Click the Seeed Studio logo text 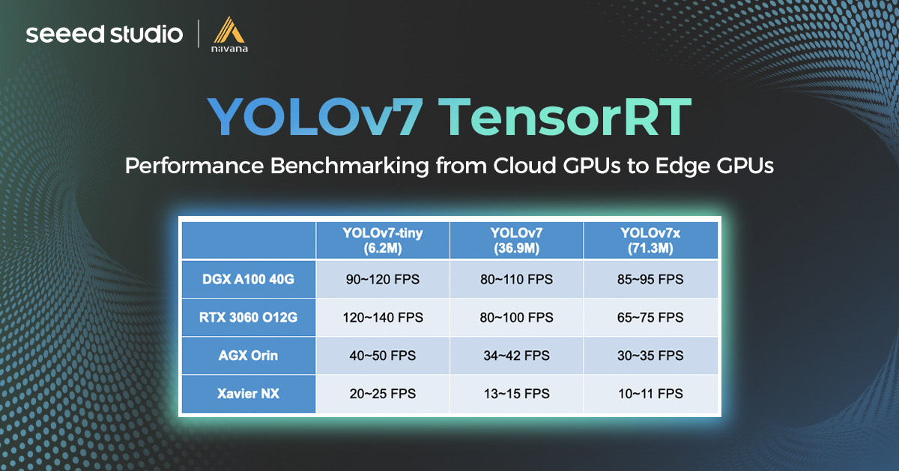(104, 34)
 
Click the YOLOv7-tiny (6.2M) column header (383, 240)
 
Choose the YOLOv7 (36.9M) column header (516, 240)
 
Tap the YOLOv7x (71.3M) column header (651, 240)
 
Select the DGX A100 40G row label (247, 280)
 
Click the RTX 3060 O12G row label (247, 317)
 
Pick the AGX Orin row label (247, 355)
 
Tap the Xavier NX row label (247, 393)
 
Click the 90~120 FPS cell (383, 280)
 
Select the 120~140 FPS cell (383, 317)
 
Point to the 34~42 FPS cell (516, 355)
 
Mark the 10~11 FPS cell (651, 393)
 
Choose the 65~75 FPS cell (651, 317)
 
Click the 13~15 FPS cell (516, 393)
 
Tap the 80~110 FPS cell (516, 280)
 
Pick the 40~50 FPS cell (383, 355)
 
